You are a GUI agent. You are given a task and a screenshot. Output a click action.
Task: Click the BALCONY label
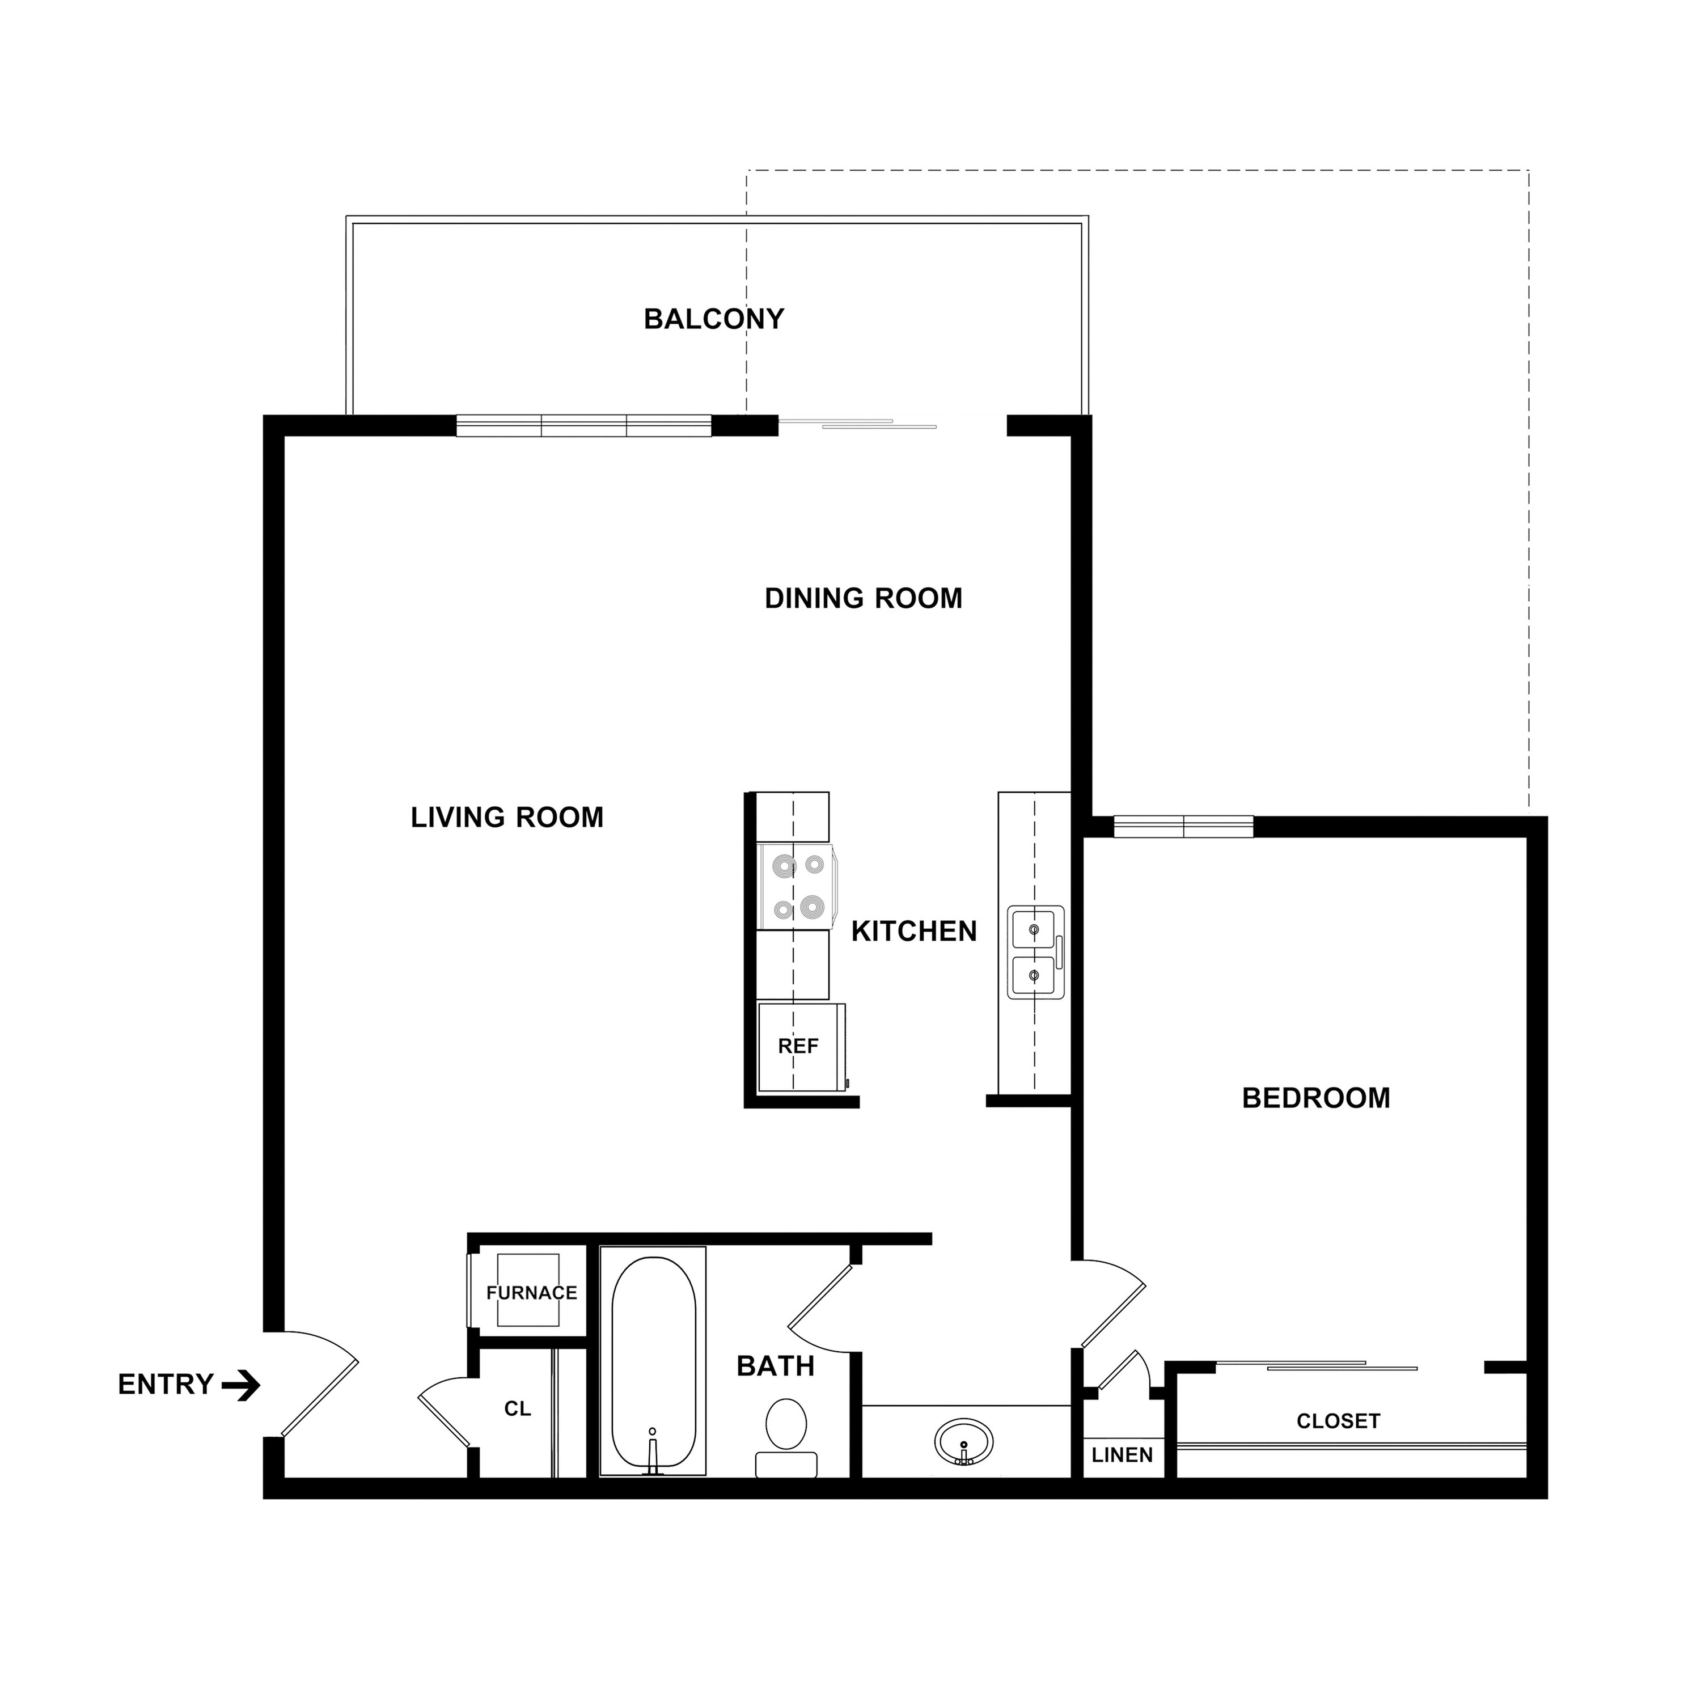coord(713,319)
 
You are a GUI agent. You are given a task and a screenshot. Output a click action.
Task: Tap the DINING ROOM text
coord(863,599)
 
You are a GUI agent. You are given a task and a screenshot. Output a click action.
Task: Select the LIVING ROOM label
coord(507,817)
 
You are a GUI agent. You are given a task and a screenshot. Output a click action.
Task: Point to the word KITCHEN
coord(914,932)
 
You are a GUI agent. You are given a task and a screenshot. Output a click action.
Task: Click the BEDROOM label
coord(1315,1098)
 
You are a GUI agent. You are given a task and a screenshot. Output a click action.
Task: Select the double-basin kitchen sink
coord(1035,953)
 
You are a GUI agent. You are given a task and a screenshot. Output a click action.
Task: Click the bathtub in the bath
coord(653,1363)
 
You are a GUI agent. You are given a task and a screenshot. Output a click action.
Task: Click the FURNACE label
coord(532,1293)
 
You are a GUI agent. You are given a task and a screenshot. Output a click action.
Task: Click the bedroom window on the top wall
coord(1183,826)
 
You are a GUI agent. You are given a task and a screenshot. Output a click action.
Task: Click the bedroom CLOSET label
coord(1338,1421)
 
